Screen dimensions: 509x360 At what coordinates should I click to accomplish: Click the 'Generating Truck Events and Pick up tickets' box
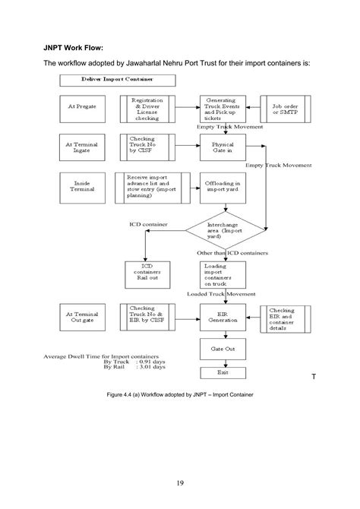tap(223, 109)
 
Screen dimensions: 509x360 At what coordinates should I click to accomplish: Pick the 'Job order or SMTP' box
tap(286, 108)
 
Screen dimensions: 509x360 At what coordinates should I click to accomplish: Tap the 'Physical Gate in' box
tap(223, 146)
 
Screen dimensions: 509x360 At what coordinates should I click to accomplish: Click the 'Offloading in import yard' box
tap(223, 185)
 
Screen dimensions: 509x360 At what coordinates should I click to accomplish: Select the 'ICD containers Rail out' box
tap(147, 273)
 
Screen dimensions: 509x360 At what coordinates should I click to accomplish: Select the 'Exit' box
tap(223, 372)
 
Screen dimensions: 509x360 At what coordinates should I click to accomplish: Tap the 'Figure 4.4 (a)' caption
tap(180, 395)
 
